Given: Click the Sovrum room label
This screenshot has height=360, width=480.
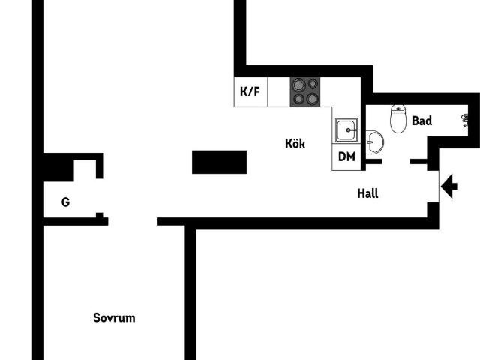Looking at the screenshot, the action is click(x=114, y=318).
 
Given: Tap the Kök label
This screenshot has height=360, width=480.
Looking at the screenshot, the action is click(x=295, y=143).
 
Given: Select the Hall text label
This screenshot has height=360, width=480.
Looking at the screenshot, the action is click(x=367, y=193).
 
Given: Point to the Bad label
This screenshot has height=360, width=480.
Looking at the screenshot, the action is click(x=421, y=121).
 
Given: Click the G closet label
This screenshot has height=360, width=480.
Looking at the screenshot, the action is click(x=65, y=202).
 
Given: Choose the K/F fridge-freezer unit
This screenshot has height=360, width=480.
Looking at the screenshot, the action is click(x=250, y=91).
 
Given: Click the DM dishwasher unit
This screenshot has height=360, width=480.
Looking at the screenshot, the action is click(x=346, y=157).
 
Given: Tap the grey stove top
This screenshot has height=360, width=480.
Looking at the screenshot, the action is click(x=305, y=91).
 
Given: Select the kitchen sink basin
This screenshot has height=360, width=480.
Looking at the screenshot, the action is click(x=346, y=130).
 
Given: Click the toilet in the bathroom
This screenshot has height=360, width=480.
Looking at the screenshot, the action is click(x=398, y=118).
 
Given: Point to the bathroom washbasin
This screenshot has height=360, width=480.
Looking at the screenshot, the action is click(x=374, y=142).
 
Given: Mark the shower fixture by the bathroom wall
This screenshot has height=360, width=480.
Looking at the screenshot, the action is click(x=465, y=121).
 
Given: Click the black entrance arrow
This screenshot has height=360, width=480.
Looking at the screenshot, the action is click(x=449, y=187).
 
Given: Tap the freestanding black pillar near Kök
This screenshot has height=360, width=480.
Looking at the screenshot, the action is click(x=219, y=162).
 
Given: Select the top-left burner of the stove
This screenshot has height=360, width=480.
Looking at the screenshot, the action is click(x=298, y=85).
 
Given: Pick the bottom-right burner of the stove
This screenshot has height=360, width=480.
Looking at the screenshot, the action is click(x=312, y=99).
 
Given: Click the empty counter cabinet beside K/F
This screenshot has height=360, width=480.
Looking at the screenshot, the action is click(x=279, y=91).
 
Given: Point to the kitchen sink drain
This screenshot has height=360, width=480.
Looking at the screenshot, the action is click(x=348, y=130).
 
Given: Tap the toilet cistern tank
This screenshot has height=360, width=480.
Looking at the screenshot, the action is click(x=398, y=108).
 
